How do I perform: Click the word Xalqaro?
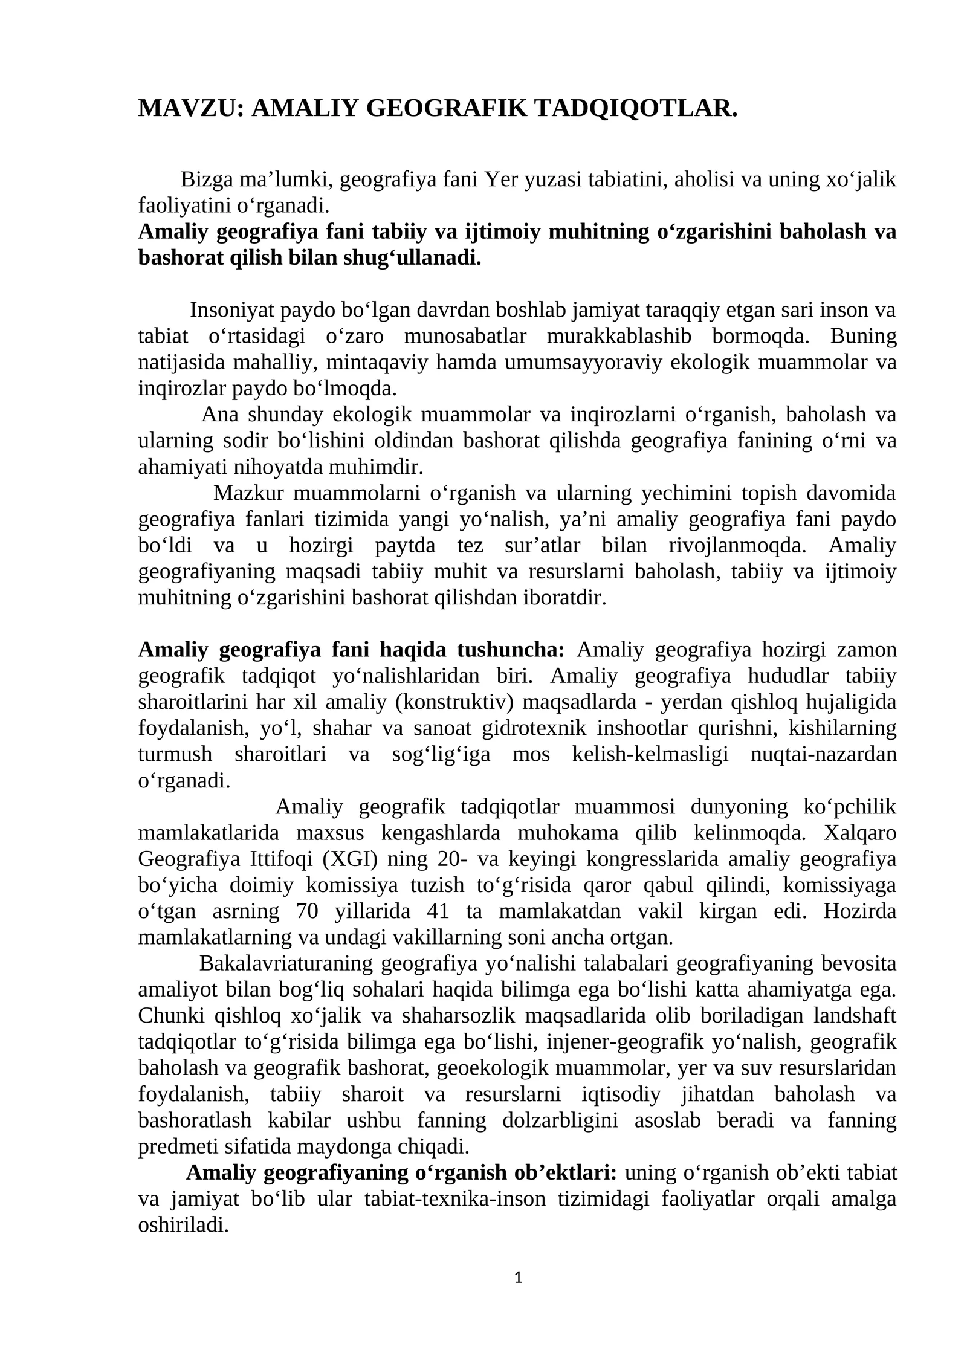[x=860, y=833]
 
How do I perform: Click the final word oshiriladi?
[x=183, y=1225]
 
